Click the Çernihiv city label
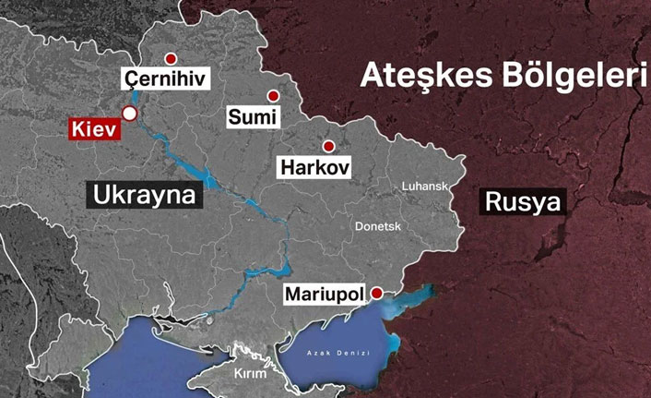167,79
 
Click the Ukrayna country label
145,195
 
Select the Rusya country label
523,201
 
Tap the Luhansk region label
424,187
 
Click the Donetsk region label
380,226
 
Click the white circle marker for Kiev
130,114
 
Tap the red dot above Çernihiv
168,56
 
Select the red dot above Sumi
273,95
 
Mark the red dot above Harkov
328,147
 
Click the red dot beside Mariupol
376,293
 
